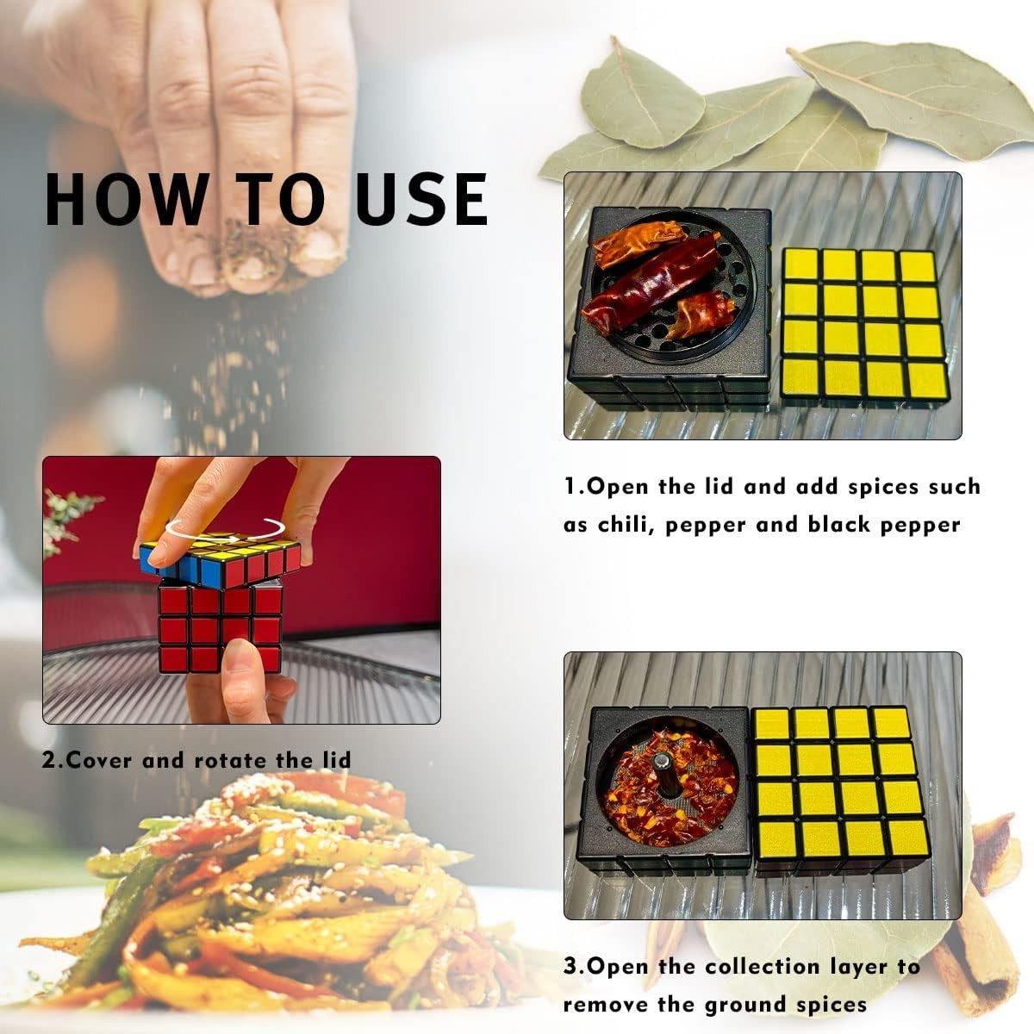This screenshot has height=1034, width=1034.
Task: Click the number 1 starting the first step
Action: (570, 486)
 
